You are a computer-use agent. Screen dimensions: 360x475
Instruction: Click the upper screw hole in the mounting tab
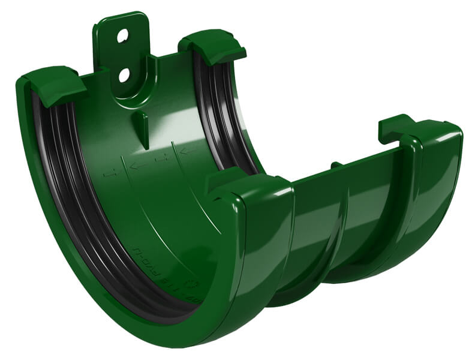(122, 36)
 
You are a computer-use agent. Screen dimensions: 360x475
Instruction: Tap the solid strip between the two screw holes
(124, 55)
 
